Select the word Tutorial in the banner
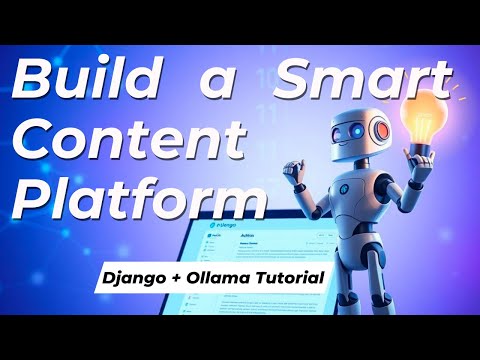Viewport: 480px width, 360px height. click(293, 272)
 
